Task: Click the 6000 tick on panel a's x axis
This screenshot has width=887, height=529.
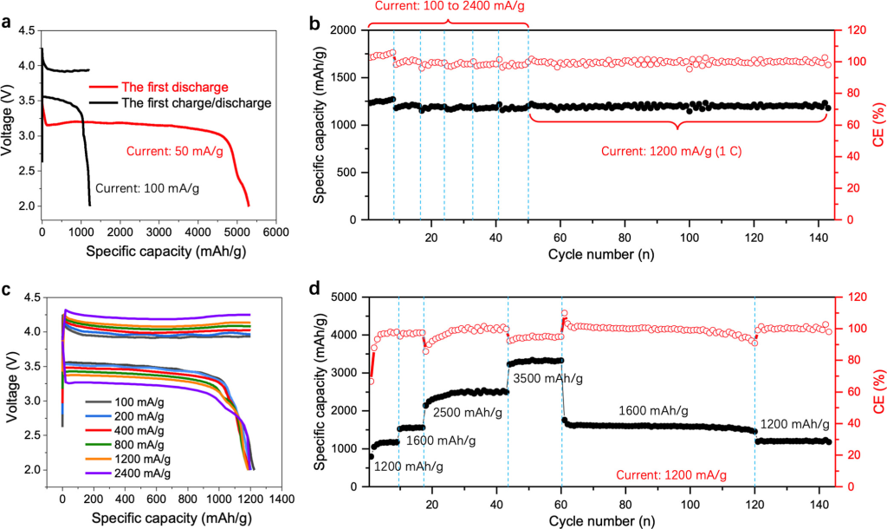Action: pos(275,233)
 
